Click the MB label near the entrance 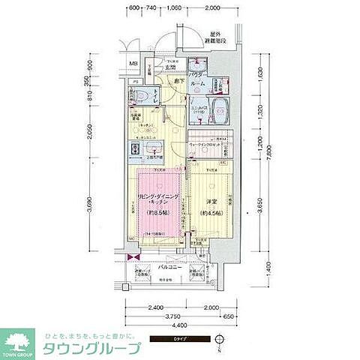point(132,64)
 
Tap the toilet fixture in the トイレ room point(139,96)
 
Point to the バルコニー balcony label point(168,266)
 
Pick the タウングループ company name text point(94,349)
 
